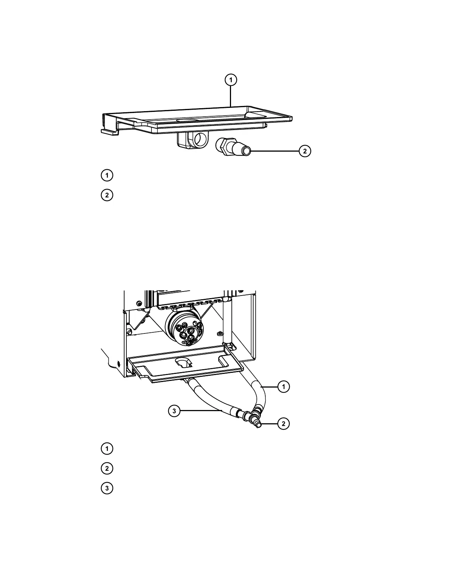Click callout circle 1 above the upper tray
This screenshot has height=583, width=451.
point(231,79)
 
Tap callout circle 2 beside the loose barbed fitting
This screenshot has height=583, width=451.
point(305,151)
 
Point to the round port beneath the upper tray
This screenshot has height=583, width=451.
point(201,139)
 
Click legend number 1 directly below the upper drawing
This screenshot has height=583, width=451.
point(107,175)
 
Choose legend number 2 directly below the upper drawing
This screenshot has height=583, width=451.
point(107,195)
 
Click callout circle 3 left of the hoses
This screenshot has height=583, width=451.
point(174,411)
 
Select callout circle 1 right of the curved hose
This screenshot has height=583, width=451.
point(283,387)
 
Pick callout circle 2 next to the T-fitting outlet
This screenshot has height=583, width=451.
point(283,424)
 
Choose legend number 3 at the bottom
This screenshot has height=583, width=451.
point(107,488)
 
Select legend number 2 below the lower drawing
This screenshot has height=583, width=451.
point(107,469)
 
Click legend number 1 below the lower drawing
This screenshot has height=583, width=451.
point(107,449)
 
